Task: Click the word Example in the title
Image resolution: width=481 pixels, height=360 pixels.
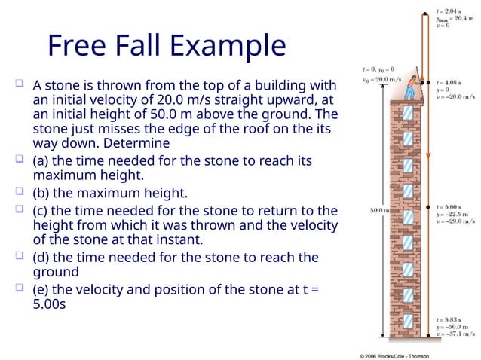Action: (x=231, y=46)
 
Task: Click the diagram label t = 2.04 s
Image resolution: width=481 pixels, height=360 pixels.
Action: (x=452, y=11)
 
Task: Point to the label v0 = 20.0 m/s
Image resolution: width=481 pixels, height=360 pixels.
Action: (x=375, y=78)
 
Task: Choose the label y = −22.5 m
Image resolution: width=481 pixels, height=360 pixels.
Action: (x=455, y=213)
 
